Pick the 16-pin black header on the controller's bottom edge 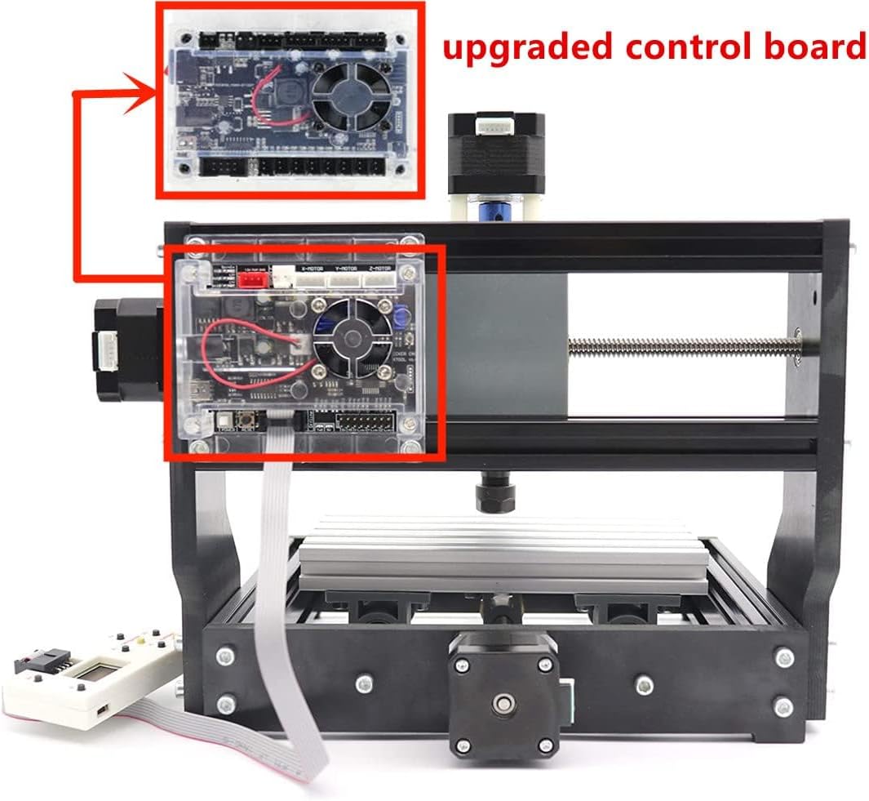click(366, 421)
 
